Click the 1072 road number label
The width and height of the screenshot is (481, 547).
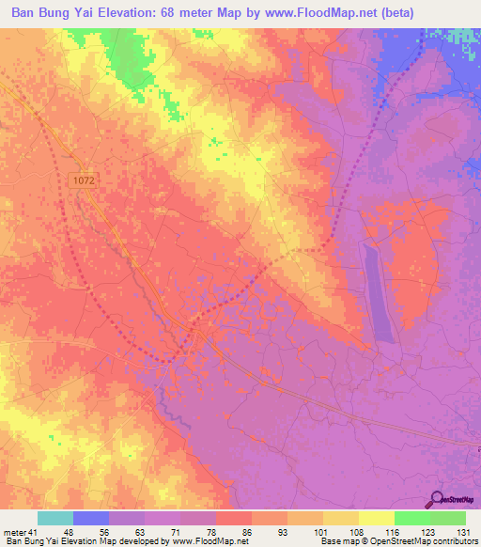82,177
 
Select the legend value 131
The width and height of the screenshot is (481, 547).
464,533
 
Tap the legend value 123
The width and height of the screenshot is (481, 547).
428,533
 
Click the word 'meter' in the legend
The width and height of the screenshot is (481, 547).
14,533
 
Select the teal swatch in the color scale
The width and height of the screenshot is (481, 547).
55,518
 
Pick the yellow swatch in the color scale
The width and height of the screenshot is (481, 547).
376,518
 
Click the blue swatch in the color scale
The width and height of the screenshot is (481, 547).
91,518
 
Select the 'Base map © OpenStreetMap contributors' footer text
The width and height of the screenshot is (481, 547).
398,541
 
